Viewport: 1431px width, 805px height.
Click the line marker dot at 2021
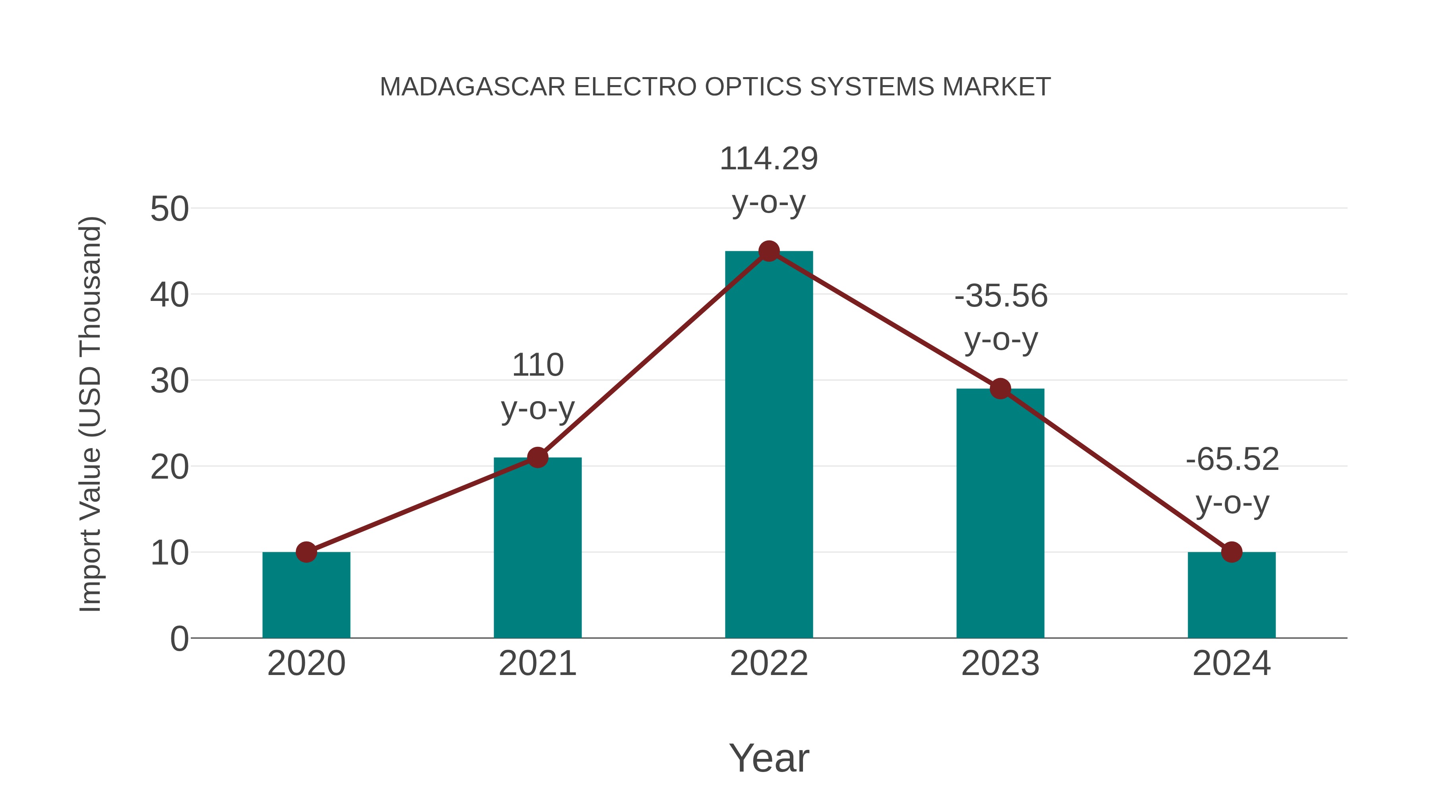537,458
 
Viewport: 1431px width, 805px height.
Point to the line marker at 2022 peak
769,251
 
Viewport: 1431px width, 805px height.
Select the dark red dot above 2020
306,552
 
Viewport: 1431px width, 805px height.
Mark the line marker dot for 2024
1231,552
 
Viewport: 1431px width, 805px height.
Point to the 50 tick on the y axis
169,209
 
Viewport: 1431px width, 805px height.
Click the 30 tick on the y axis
169,382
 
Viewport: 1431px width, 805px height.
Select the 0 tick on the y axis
179,639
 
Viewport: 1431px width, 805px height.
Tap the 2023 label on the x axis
1000,663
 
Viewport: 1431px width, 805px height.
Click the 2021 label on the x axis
537,663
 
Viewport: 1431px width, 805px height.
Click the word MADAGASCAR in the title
473,87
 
